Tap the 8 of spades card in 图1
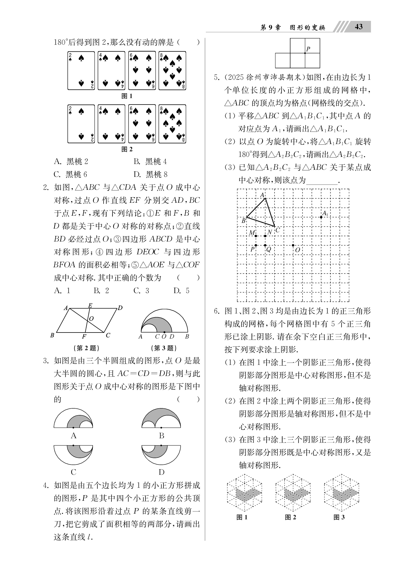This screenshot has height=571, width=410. click(172, 71)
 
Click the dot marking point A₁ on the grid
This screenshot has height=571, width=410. click(321, 217)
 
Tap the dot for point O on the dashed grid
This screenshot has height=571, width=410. click(293, 245)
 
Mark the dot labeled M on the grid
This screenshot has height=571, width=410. click(256, 236)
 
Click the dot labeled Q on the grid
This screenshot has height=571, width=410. click(265, 245)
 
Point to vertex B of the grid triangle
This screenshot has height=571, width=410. click(247, 217)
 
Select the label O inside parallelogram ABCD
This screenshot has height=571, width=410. click(91, 319)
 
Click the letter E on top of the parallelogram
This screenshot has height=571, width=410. click(90, 305)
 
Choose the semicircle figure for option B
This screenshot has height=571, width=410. click(161, 418)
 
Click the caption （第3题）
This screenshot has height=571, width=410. click(164, 348)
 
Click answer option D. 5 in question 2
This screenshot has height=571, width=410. click(181, 291)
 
